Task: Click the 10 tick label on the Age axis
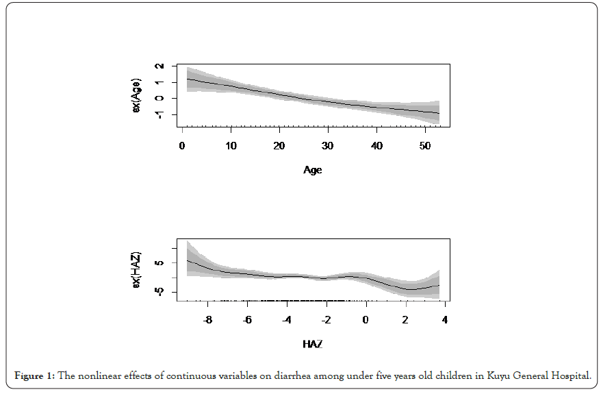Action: (x=231, y=146)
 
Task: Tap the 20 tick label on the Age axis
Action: (x=279, y=146)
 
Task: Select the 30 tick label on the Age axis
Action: (x=328, y=146)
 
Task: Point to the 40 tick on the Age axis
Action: (x=376, y=146)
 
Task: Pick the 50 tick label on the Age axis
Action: (x=425, y=146)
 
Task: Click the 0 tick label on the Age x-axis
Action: (x=182, y=146)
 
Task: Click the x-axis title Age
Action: (x=313, y=170)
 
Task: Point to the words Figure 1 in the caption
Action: (x=34, y=375)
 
